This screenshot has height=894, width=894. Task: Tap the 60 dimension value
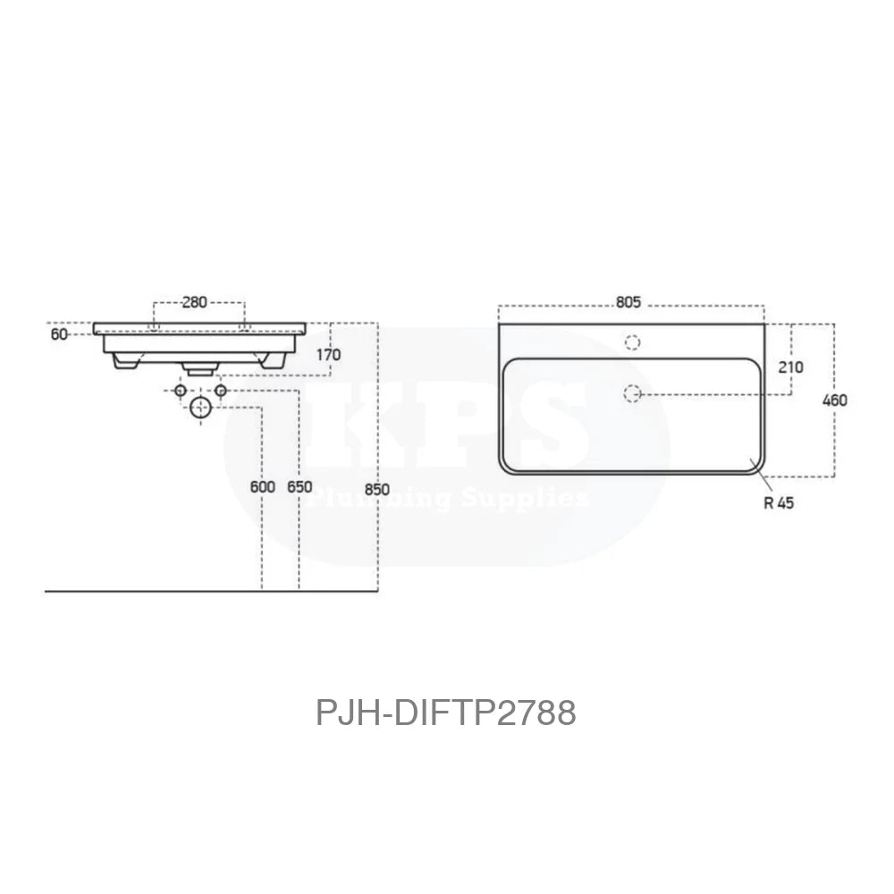[59, 333]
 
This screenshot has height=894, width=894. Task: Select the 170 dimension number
[328, 355]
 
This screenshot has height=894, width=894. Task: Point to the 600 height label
[262, 487]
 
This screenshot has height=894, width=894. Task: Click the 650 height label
[299, 487]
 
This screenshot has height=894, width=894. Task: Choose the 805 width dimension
[628, 302]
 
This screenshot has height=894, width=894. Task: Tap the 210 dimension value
[791, 367]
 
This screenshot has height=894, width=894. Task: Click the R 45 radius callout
[779, 502]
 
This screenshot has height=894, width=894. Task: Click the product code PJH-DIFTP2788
[446, 713]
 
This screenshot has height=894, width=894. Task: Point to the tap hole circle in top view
[632, 342]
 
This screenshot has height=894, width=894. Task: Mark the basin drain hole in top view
[632, 392]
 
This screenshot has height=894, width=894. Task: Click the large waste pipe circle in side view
[201, 408]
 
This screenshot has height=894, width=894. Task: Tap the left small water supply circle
[181, 392]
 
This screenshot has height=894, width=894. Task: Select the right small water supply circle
[221, 392]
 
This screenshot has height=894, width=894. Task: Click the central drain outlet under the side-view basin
[198, 366]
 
